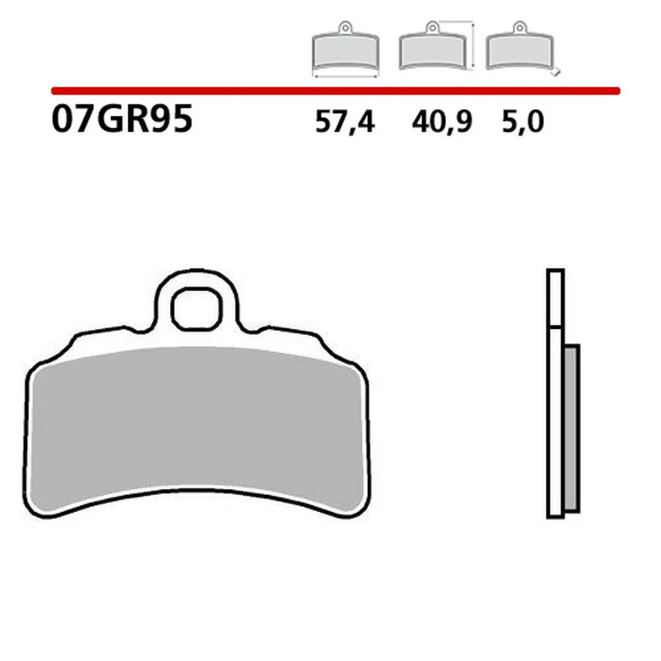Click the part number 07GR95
point(122,120)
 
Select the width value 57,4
point(345,122)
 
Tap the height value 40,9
point(441,122)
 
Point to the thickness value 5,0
point(523,122)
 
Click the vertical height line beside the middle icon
point(473,47)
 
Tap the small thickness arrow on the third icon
point(557,72)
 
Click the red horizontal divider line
point(336,90)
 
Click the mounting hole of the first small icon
point(345,25)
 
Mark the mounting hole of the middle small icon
point(432,25)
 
